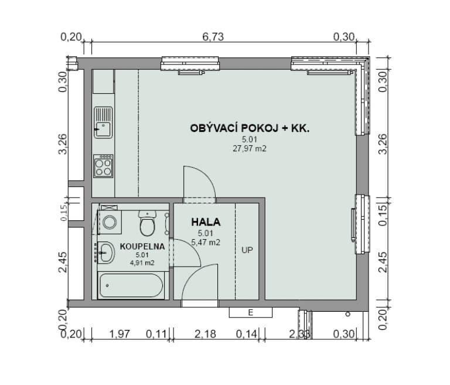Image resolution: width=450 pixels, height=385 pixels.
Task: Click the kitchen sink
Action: pyautogui.click(x=103, y=122)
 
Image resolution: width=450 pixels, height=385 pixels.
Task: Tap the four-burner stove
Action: pyautogui.click(x=103, y=166)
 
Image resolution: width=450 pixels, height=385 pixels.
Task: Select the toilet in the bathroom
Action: pyautogui.click(x=147, y=223)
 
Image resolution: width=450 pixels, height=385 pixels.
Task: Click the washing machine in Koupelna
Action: pyautogui.click(x=110, y=222)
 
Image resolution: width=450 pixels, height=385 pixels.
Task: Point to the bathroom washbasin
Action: pyautogui.click(x=106, y=253)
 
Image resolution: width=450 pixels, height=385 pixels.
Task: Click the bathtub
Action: pyautogui.click(x=131, y=285)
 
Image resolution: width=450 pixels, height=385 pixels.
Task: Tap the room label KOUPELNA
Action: pyautogui.click(x=142, y=246)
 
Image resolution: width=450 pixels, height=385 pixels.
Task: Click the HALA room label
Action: pyautogui.click(x=206, y=222)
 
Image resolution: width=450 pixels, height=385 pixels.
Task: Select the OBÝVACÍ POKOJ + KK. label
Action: pyautogui.click(x=250, y=128)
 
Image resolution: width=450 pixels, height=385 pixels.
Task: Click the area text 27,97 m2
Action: pyautogui.click(x=250, y=149)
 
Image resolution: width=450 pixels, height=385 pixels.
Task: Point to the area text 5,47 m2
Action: pyautogui.click(x=206, y=243)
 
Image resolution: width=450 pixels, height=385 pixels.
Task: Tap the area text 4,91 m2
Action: pyautogui.click(x=142, y=263)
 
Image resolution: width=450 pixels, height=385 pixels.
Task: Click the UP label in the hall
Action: pyautogui.click(x=247, y=250)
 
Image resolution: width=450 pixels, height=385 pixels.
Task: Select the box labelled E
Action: pyautogui.click(x=251, y=312)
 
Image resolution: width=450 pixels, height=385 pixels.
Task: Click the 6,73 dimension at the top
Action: pyautogui.click(x=213, y=37)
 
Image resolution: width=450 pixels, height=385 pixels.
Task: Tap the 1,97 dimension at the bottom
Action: pyautogui.click(x=120, y=334)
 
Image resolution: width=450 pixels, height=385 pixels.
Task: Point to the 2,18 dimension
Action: pyautogui.click(x=205, y=334)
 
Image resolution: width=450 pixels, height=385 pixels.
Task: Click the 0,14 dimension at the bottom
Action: pyautogui.click(x=247, y=334)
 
